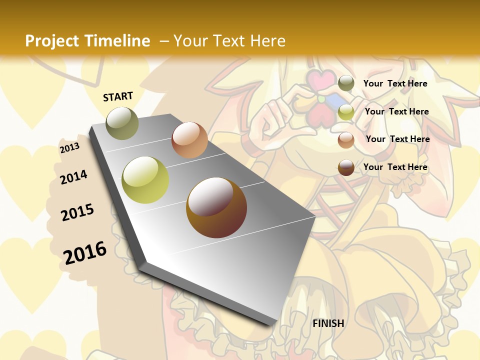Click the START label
click(x=118, y=96)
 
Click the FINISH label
click(x=328, y=323)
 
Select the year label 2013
click(x=69, y=148)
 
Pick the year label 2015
click(x=77, y=212)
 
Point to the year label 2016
click(x=85, y=252)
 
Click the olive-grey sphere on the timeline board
click(x=122, y=123)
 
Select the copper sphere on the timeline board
click(x=189, y=140)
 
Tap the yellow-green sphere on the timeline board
click(x=145, y=180)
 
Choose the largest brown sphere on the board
click(x=216, y=207)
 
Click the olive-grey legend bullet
click(x=346, y=83)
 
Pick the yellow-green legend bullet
click(x=346, y=112)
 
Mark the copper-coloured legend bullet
click(x=346, y=139)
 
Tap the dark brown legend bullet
click(x=346, y=167)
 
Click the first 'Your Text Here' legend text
click(x=395, y=83)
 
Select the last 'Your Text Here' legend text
click(x=395, y=167)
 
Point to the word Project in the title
click(x=52, y=41)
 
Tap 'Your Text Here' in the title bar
click(x=229, y=41)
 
